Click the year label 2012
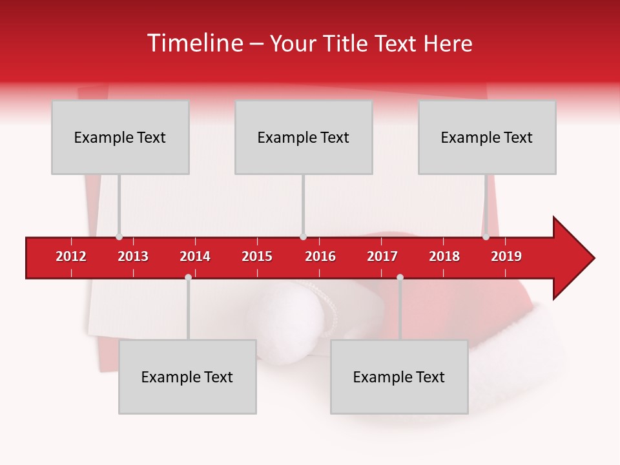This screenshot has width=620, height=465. [71, 256]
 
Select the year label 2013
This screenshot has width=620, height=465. [133, 256]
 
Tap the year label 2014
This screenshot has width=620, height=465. [195, 256]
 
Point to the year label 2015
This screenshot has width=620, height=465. [257, 256]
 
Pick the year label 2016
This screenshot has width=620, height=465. [320, 256]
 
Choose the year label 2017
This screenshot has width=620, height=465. [382, 256]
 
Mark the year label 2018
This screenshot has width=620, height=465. [444, 256]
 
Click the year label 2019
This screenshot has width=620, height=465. [506, 256]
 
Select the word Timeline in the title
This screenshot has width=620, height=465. [193, 43]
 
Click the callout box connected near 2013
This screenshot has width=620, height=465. [120, 137]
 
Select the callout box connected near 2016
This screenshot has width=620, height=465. [304, 137]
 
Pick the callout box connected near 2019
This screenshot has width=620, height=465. [487, 137]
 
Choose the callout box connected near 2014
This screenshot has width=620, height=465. [187, 377]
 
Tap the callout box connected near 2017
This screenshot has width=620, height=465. [399, 377]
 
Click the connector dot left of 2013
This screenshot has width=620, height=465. [119, 237]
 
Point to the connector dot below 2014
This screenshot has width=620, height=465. [188, 278]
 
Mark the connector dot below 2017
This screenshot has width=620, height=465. [400, 278]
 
